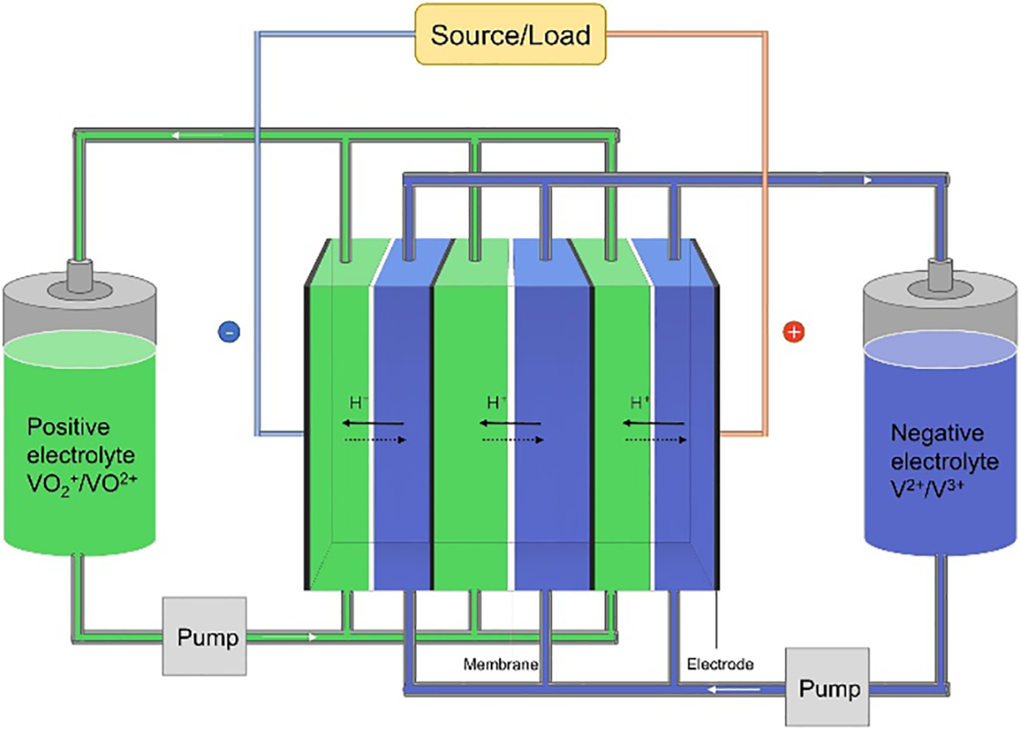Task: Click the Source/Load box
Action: [510, 35]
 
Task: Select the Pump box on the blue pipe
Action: [827, 688]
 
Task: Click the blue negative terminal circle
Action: [229, 332]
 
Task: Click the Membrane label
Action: [500, 665]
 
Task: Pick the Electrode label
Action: [720, 665]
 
